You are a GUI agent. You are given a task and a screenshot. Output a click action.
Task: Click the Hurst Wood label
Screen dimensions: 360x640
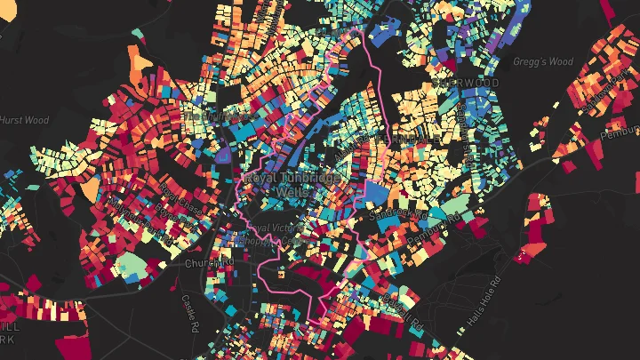(x=25, y=120)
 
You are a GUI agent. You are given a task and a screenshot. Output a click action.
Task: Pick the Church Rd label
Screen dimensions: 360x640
(x=206, y=264)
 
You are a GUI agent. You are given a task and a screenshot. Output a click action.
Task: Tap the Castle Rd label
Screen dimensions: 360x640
(x=188, y=312)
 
